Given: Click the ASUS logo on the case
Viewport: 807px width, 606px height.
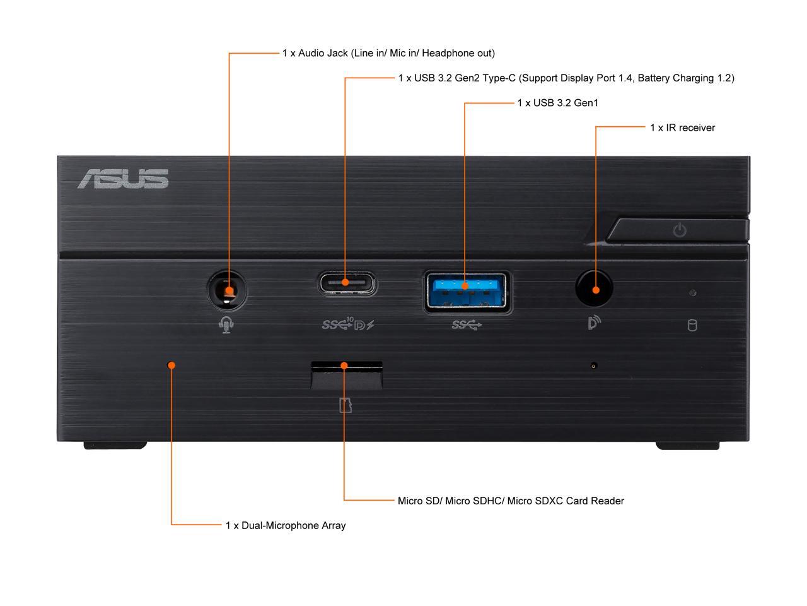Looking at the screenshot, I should pos(123,179).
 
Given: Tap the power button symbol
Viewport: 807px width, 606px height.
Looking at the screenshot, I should pos(679,230).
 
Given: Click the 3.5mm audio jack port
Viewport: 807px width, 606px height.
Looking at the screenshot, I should pos(227,290).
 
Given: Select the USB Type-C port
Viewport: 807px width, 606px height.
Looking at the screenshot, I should pos(346,283).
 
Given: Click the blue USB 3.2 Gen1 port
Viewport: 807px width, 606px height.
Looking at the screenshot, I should pos(467,290).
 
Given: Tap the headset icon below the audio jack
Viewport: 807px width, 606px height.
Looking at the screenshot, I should pos(226,325).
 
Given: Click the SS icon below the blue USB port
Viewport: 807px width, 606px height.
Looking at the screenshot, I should pos(467,325).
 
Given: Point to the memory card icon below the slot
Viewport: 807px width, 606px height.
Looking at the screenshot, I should pos(345,405).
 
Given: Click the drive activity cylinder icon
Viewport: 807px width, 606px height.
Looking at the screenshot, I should pos(692,326).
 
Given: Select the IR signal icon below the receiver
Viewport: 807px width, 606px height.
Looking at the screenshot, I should pos(594,323).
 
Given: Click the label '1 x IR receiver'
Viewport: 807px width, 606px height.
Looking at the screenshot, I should pos(682,128).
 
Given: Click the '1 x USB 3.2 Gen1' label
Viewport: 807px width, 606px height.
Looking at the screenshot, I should pos(557,103).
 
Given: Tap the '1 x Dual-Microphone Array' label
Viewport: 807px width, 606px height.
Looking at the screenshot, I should pos(286,525).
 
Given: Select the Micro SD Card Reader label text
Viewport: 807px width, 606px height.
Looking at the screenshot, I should pos(511,501).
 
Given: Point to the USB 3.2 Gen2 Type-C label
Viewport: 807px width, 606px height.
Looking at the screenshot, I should pos(566,78).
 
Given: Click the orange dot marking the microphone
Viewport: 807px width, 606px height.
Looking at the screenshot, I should pos(171,365).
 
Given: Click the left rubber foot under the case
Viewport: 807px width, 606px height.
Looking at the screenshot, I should pos(115,445).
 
